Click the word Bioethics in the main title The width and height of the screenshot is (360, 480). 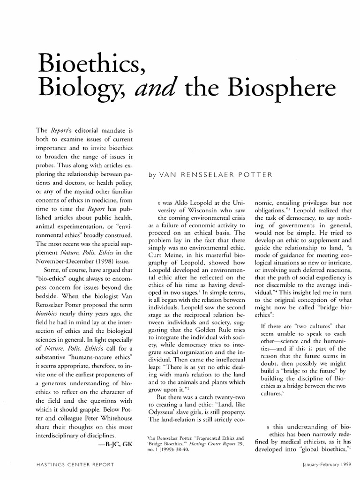[x=93, y=59]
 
